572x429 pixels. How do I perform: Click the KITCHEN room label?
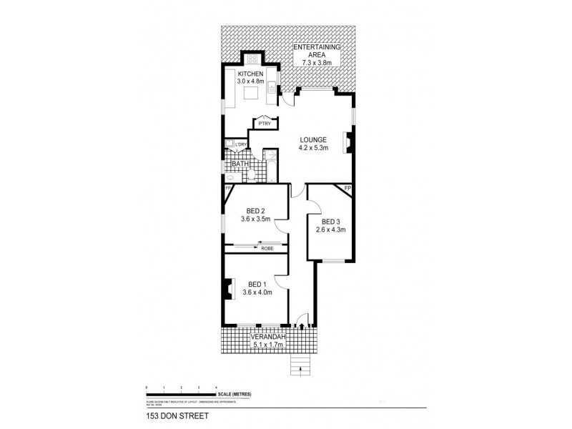(x=251, y=74)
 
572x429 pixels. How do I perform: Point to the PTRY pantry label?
(x=264, y=124)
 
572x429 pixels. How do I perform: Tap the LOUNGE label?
(x=313, y=139)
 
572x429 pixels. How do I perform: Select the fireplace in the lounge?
(x=347, y=142)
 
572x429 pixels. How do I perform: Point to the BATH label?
(x=239, y=165)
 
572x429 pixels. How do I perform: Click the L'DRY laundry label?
(x=241, y=145)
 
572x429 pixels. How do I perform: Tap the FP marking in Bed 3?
(x=347, y=188)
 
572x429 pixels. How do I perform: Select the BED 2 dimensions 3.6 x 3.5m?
(x=256, y=219)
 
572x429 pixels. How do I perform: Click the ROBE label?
(x=267, y=247)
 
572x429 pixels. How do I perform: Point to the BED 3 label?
(x=332, y=222)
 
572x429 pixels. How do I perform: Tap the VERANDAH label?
(x=268, y=337)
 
